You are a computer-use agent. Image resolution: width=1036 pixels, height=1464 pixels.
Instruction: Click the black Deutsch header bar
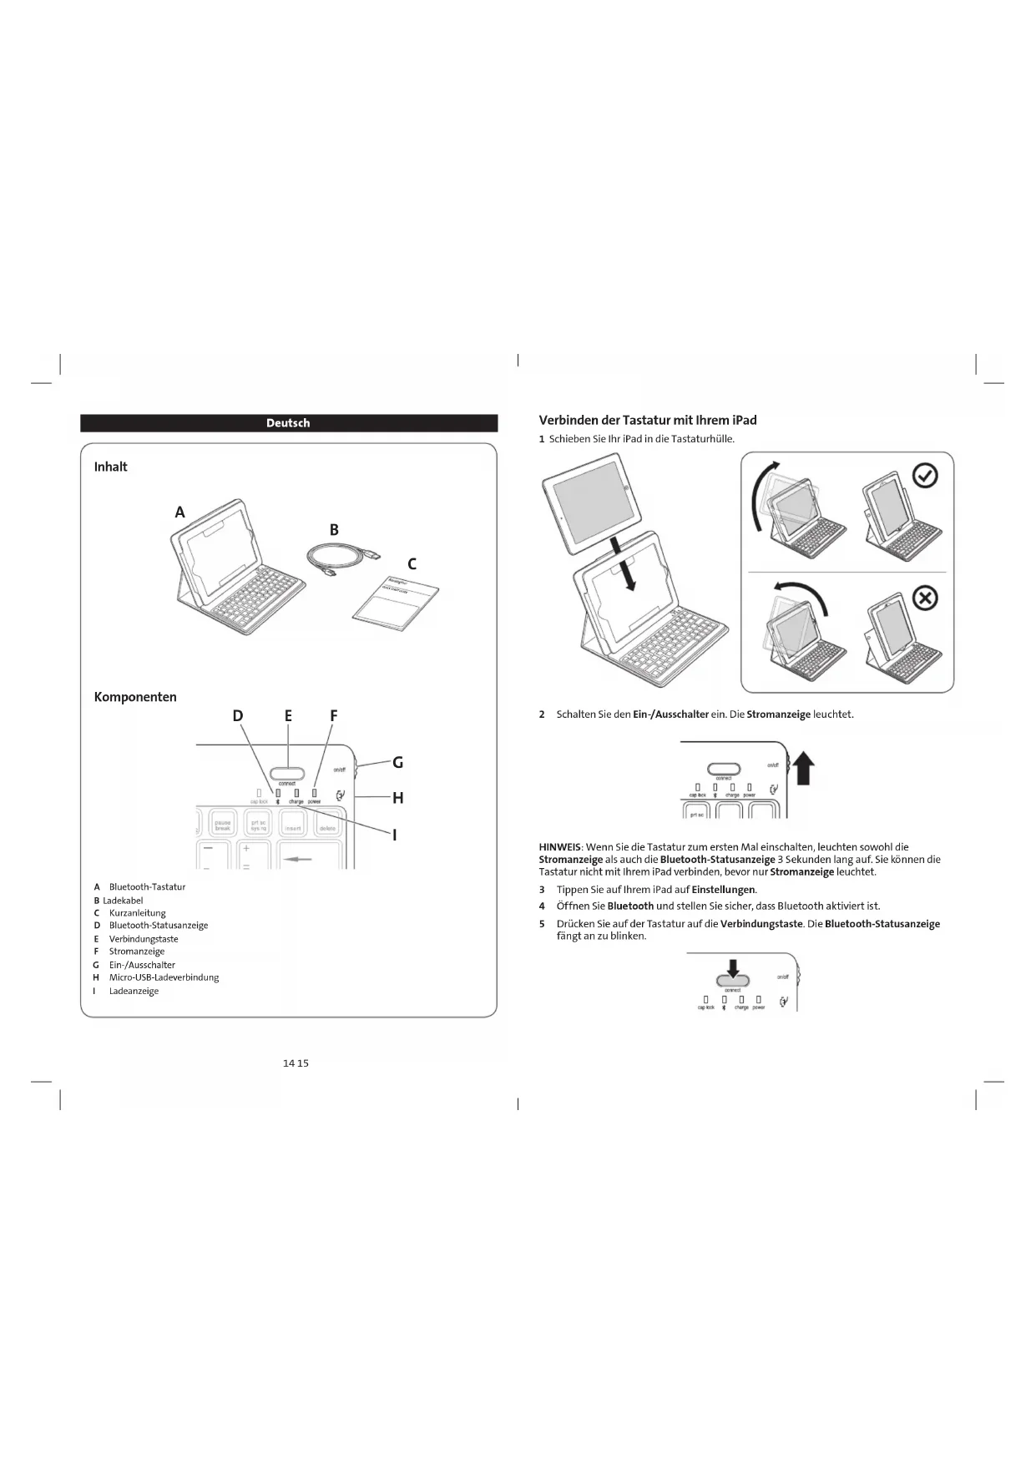(x=288, y=423)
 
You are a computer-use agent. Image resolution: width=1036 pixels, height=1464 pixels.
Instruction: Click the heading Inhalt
(x=110, y=467)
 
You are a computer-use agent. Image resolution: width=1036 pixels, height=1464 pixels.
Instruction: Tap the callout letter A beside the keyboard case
(x=179, y=512)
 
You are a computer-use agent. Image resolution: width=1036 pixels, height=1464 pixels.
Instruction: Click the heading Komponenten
(x=135, y=697)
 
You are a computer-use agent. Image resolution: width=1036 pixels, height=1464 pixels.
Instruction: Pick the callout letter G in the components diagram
(x=397, y=762)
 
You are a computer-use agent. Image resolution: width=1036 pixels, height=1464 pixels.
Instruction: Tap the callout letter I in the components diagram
(x=394, y=835)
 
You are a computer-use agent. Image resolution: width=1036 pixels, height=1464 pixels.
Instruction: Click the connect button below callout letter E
(x=286, y=773)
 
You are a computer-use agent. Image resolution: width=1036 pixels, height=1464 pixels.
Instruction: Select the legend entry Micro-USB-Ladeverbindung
(x=164, y=977)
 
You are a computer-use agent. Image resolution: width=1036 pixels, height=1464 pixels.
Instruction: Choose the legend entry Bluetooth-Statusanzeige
(x=159, y=925)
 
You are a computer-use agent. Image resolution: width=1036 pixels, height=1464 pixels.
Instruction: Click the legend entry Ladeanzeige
(x=134, y=991)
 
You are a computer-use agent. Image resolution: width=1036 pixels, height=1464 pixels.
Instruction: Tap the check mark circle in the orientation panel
(x=925, y=476)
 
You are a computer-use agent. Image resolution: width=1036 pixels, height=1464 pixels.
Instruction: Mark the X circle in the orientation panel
(x=925, y=598)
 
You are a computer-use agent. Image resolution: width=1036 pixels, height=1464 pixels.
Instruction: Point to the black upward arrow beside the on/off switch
(x=803, y=767)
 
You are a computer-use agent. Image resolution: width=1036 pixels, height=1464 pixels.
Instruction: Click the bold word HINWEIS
(x=559, y=847)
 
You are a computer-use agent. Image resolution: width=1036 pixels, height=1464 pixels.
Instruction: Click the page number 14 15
(x=296, y=1063)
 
